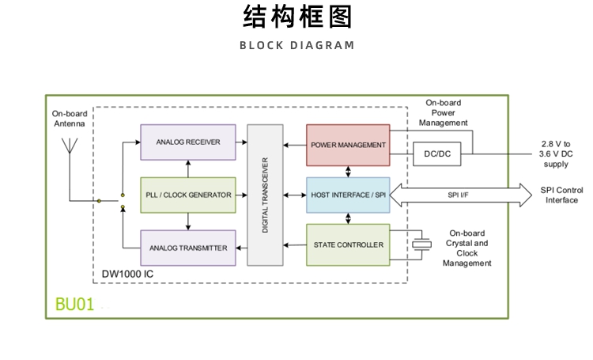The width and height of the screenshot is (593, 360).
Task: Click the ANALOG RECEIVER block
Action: tap(188, 142)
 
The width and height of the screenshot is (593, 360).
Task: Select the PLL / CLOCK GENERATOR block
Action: tap(188, 195)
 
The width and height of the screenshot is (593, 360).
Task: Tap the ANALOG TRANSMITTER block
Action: tap(188, 248)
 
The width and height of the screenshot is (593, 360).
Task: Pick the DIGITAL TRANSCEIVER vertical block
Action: tap(265, 195)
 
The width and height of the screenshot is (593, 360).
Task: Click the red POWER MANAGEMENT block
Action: tap(348, 145)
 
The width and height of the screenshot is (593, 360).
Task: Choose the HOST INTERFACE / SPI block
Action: tap(348, 195)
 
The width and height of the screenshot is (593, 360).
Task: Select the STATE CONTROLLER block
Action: tap(348, 244)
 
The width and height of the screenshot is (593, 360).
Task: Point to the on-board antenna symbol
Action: tap(70, 147)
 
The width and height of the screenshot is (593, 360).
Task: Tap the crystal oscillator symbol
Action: tap(425, 244)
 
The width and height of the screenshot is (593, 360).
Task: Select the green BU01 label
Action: tap(74, 305)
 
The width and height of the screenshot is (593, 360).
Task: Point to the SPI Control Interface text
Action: tap(561, 195)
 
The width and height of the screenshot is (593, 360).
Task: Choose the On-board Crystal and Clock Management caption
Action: tap(466, 248)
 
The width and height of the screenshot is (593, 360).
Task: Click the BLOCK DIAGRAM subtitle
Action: tap(296, 45)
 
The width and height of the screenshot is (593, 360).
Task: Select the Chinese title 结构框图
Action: tap(296, 17)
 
